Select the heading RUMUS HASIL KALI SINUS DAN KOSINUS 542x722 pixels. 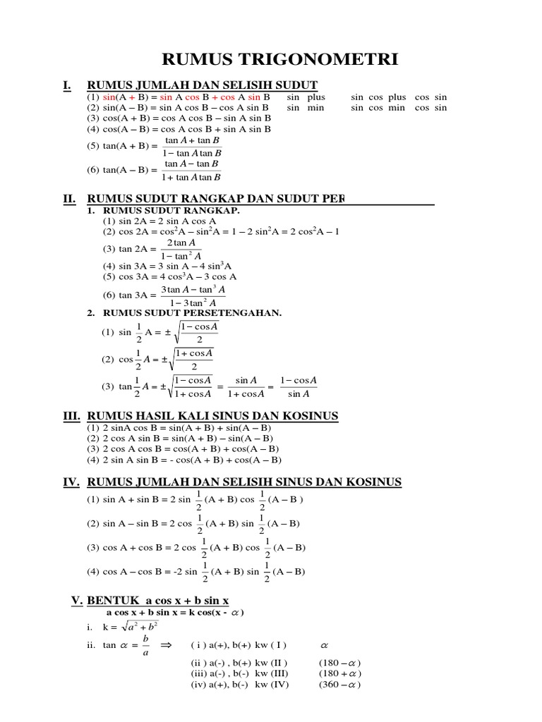click(x=212, y=416)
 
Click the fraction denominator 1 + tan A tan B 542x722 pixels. click(x=192, y=176)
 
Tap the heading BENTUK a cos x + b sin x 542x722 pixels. click(x=158, y=600)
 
